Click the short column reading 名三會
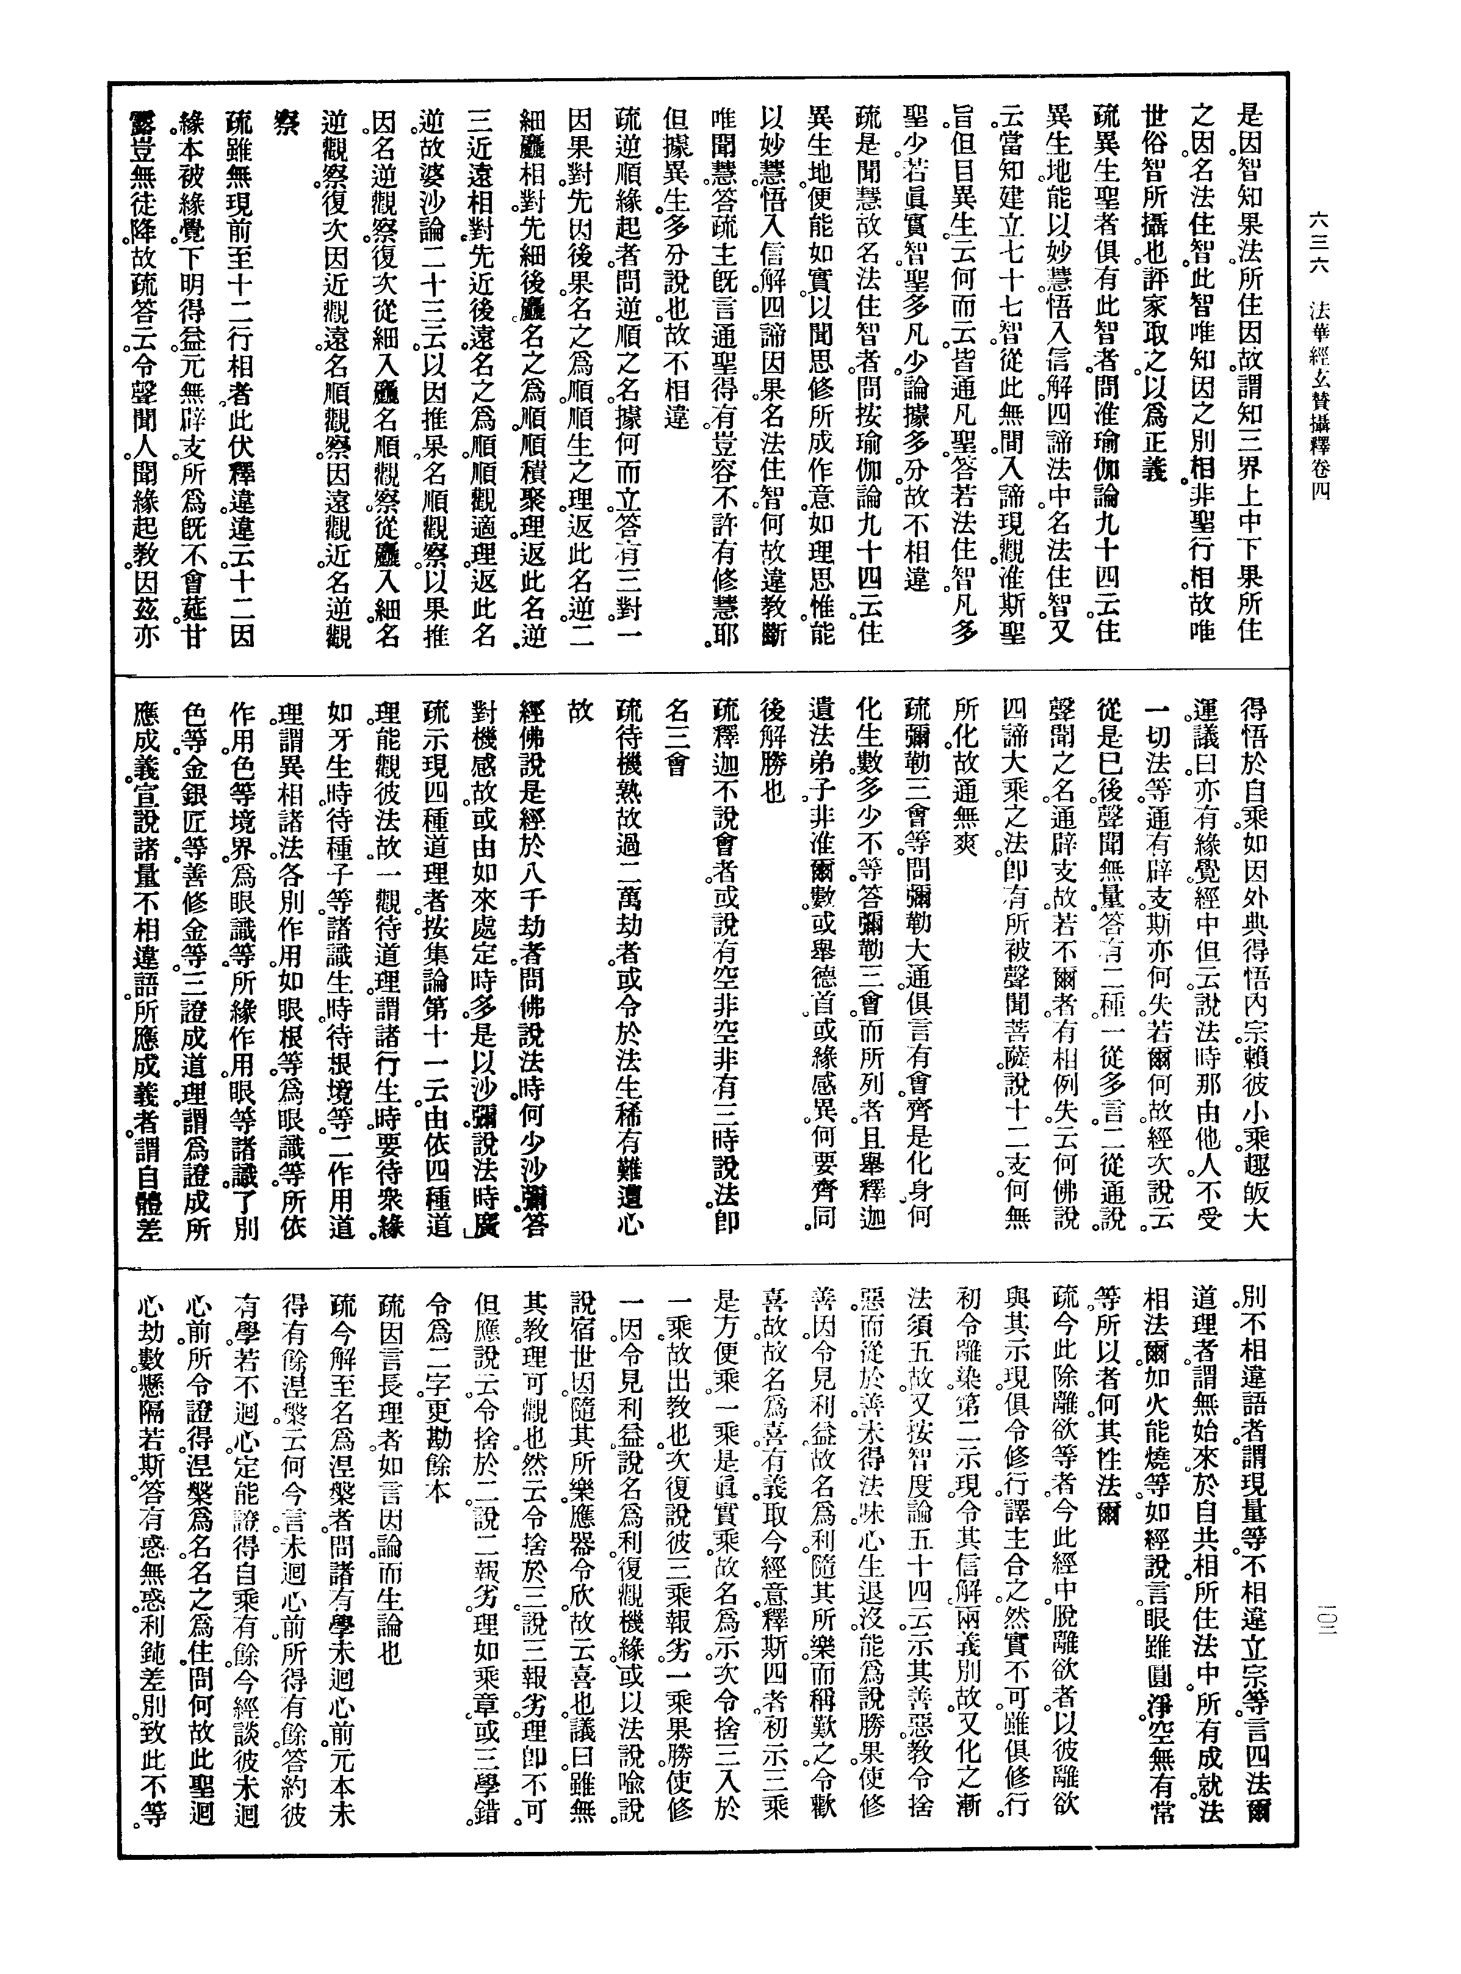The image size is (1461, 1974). pos(677,735)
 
